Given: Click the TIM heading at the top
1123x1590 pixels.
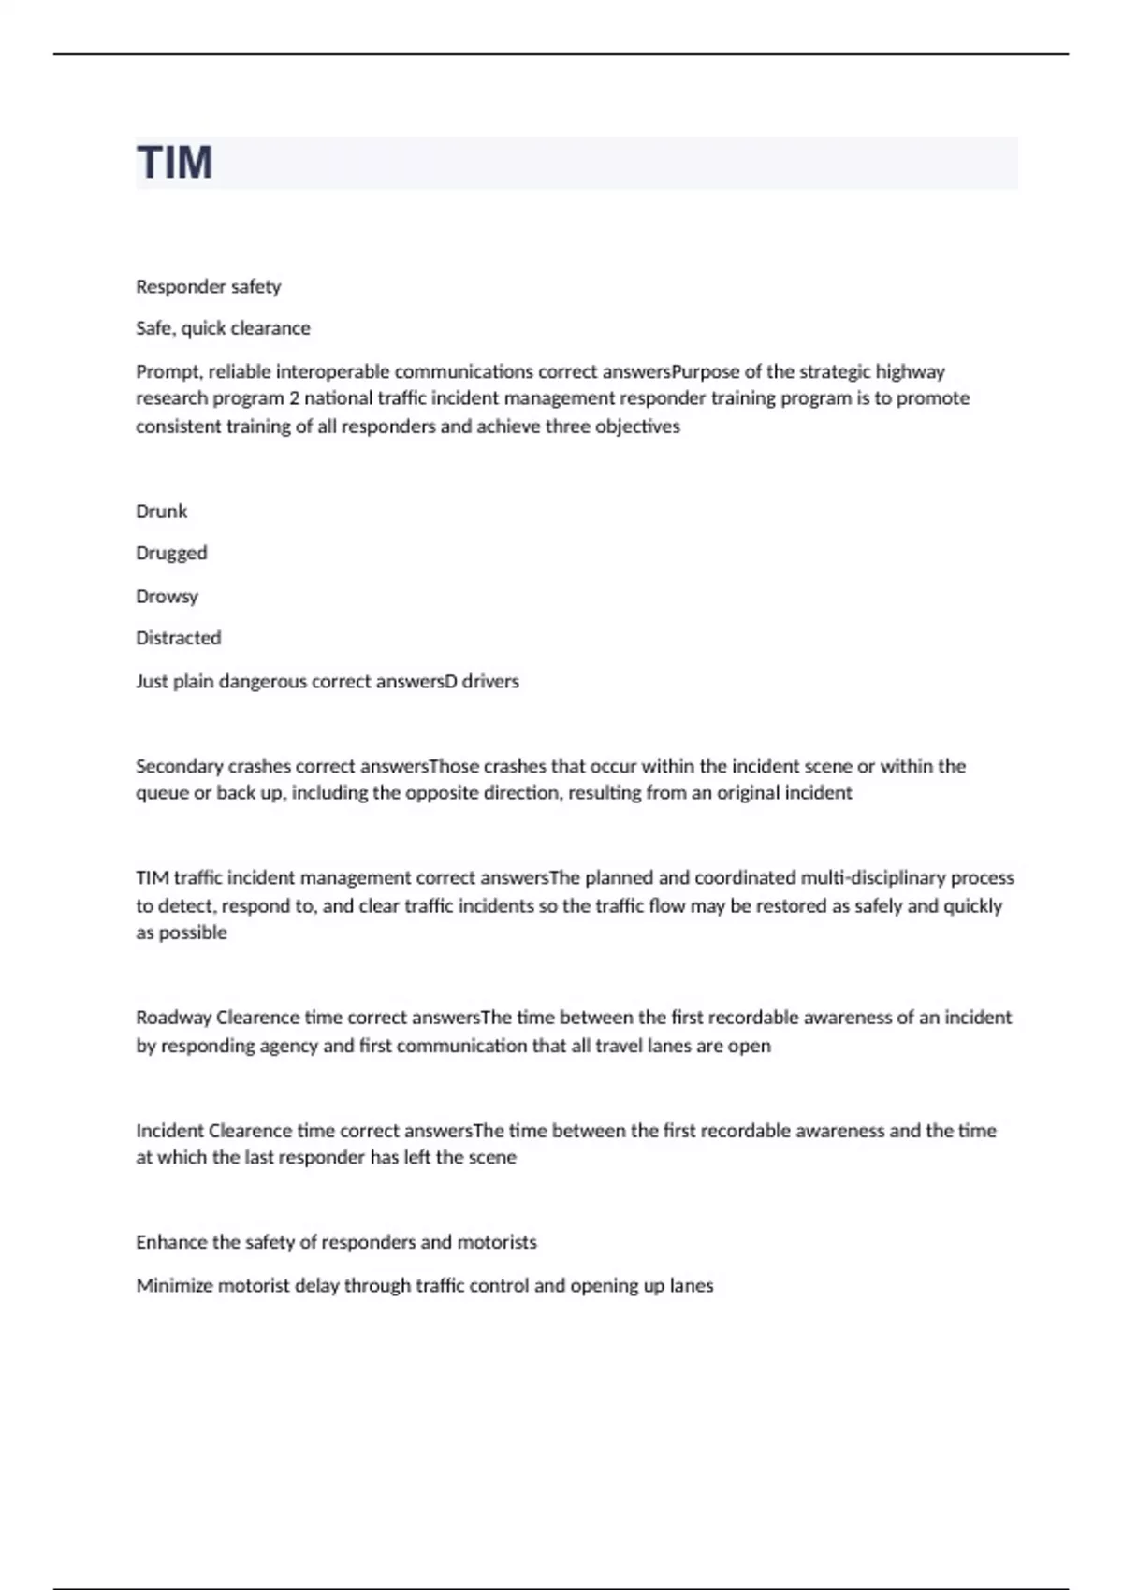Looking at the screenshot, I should (x=175, y=163).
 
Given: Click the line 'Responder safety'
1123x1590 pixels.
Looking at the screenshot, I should (x=208, y=286).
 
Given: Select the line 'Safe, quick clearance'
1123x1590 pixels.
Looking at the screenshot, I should (x=223, y=328).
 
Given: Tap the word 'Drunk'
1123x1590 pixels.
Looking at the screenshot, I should (x=161, y=512).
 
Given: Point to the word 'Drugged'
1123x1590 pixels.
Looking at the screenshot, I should (x=171, y=554).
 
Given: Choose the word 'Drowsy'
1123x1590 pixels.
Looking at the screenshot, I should (x=167, y=596).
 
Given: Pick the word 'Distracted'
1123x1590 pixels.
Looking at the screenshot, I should (x=178, y=638).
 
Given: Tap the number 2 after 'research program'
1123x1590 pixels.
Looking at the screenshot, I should (x=294, y=398).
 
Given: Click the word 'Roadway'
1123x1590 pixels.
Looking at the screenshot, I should (x=173, y=1018).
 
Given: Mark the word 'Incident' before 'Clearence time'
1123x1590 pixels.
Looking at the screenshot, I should (x=169, y=1130).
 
